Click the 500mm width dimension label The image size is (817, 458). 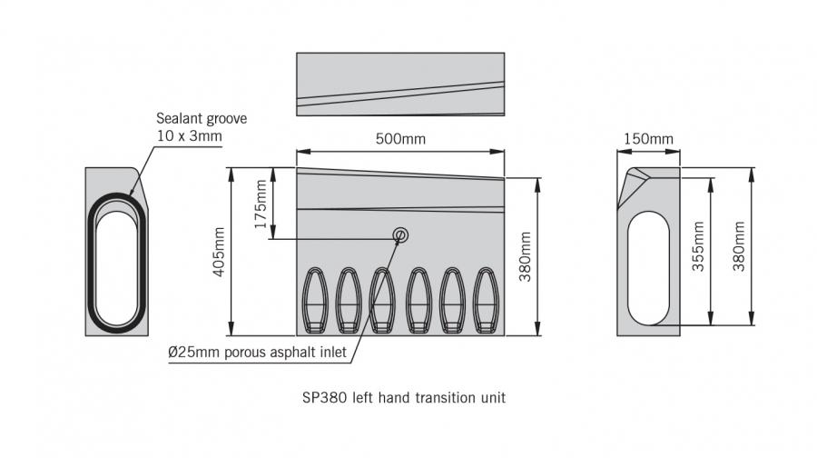click(400, 139)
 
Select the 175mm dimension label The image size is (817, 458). click(262, 204)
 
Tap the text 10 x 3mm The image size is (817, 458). click(189, 136)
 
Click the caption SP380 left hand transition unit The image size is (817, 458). click(403, 397)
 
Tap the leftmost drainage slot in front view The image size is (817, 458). click(316, 301)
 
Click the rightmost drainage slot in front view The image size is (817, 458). click(487, 301)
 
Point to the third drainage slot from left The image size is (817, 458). click(383, 301)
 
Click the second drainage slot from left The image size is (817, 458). click(349, 301)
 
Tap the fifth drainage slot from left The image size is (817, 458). click(453, 301)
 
